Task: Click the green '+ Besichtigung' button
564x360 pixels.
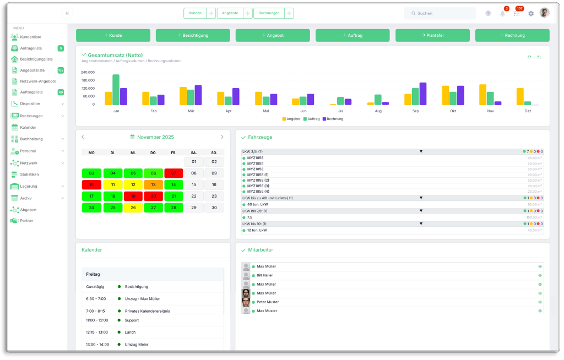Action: tap(193, 35)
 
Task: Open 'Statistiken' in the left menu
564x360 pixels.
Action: tap(29, 174)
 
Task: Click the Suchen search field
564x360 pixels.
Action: tap(440, 13)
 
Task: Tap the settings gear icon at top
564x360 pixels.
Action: tap(531, 13)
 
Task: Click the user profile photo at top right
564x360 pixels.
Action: tap(544, 13)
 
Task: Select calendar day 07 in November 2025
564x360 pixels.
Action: tap(173, 173)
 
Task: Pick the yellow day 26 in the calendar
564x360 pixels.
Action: tap(133, 208)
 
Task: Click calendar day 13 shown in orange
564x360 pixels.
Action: tap(153, 184)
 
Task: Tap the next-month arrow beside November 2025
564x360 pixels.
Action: tap(222, 137)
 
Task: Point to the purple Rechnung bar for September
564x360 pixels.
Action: tap(423, 94)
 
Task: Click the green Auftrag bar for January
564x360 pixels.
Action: tap(116, 90)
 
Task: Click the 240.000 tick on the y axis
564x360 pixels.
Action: tap(88, 72)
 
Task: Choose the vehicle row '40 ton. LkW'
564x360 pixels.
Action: tap(257, 204)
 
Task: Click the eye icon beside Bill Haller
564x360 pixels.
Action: tap(540, 275)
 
